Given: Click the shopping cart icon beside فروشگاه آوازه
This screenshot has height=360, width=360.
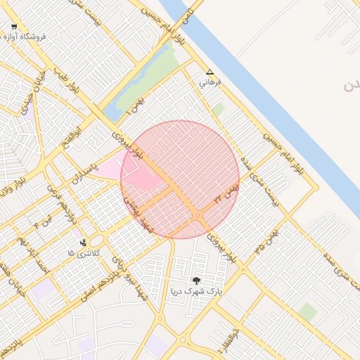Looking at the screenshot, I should [14, 27].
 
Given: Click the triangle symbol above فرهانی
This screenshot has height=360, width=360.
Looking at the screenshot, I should [209, 72].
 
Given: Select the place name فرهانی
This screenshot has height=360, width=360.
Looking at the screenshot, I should [210, 82].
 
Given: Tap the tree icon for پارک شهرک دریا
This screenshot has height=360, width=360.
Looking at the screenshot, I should [197, 280].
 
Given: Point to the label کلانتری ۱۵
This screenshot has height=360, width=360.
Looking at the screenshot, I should [84, 252].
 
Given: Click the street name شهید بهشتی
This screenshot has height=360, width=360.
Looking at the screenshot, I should [138, 212].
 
